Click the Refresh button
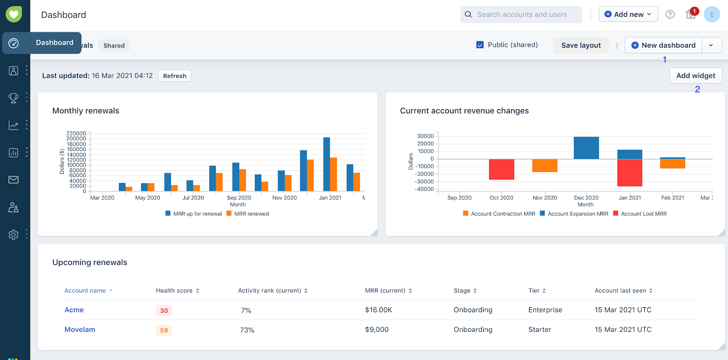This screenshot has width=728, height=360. pyautogui.click(x=175, y=76)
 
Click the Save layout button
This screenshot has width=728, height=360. pyautogui.click(x=581, y=45)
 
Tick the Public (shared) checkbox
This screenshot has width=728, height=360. pyautogui.click(x=480, y=45)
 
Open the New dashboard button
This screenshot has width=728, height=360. pyautogui.click(x=663, y=45)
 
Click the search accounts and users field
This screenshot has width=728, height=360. pyautogui.click(x=521, y=15)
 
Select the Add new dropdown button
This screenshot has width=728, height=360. pyautogui.click(x=628, y=15)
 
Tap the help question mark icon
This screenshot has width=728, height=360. pyautogui.click(x=670, y=15)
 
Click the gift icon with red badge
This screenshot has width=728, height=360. pyautogui.click(x=691, y=15)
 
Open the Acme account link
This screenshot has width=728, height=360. pyautogui.click(x=74, y=310)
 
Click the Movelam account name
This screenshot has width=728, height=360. pyautogui.click(x=80, y=330)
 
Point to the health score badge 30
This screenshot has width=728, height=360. pyautogui.click(x=164, y=310)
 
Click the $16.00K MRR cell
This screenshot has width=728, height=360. pyautogui.click(x=378, y=310)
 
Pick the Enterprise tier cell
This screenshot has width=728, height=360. pyautogui.click(x=545, y=310)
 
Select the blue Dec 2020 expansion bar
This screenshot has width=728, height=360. pyautogui.click(x=586, y=148)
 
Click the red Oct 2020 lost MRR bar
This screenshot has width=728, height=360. pyautogui.click(x=501, y=169)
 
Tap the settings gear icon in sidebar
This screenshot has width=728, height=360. pyautogui.click(x=14, y=234)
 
